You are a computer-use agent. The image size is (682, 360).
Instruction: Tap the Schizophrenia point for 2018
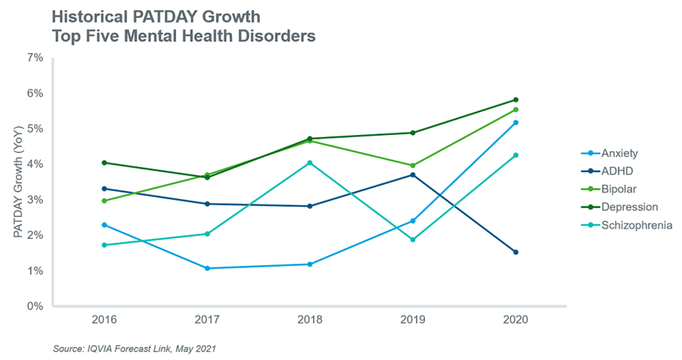pyautogui.click(x=309, y=163)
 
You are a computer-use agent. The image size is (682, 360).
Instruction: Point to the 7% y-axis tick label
pyautogui.click(x=34, y=58)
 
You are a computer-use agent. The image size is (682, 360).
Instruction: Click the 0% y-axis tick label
pyautogui.click(x=34, y=307)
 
